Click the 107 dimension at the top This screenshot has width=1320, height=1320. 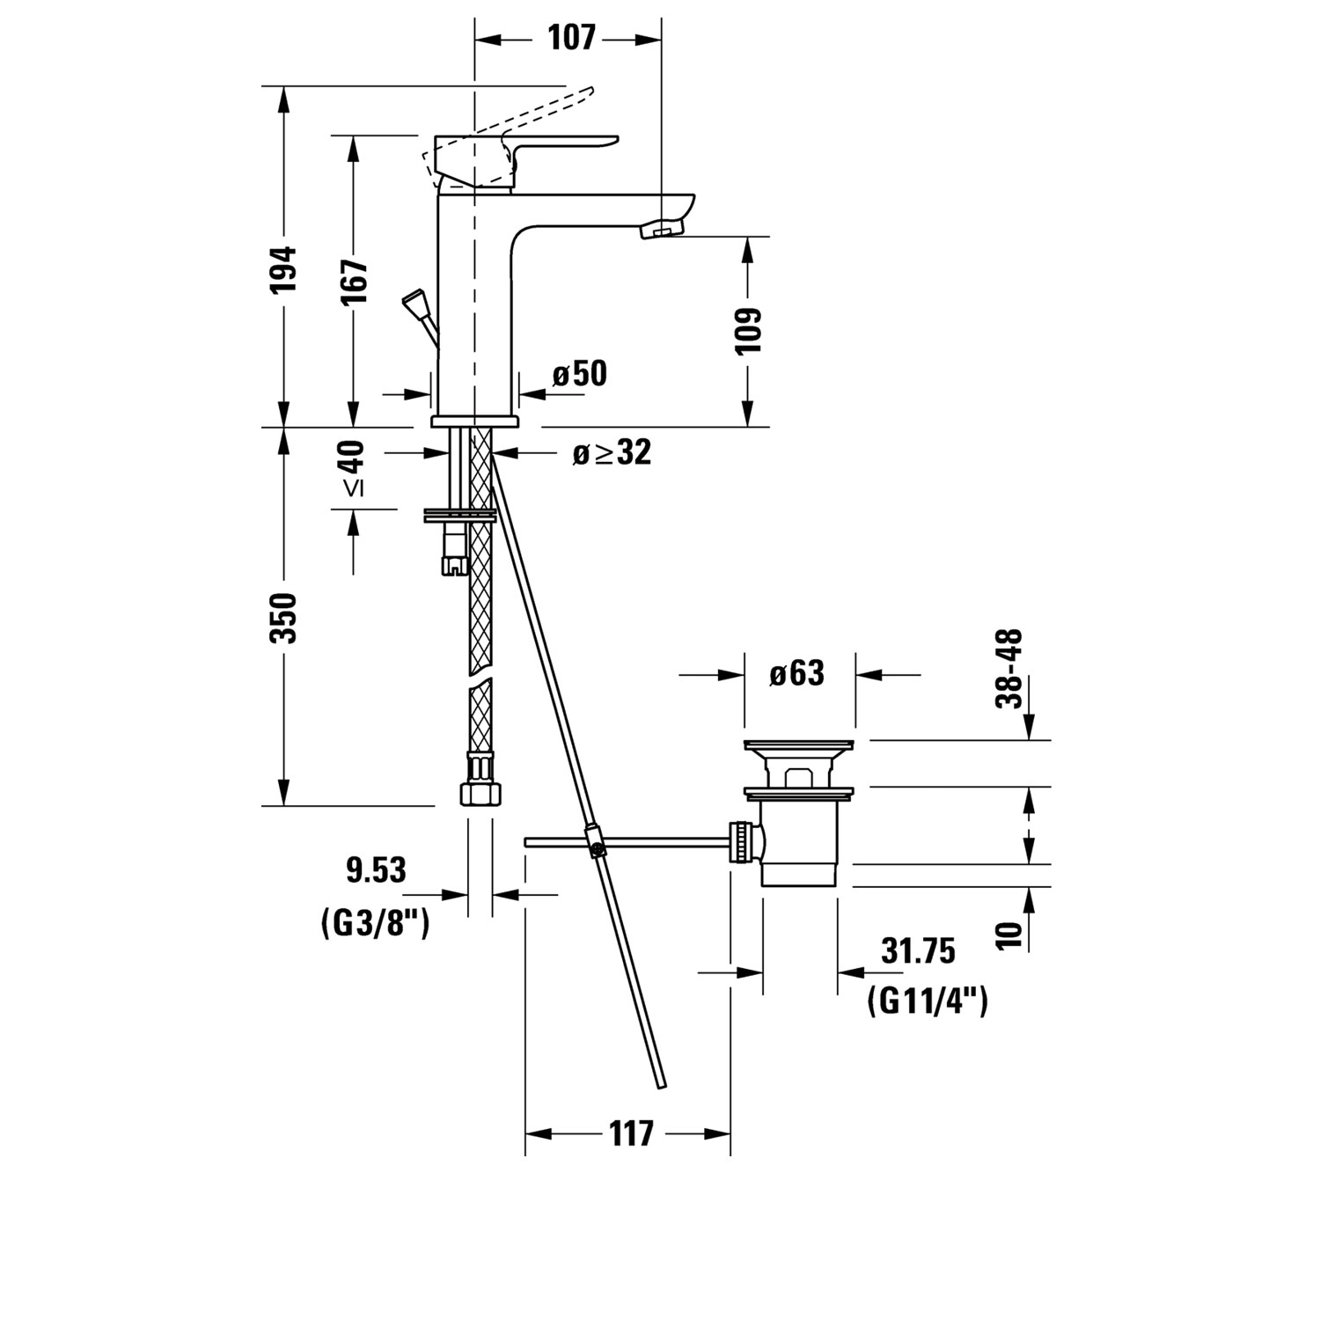tap(571, 39)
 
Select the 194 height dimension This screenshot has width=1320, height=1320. tap(284, 269)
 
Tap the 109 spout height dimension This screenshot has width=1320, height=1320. tap(748, 331)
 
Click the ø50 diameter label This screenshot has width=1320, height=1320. tap(580, 374)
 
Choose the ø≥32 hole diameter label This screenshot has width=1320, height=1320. tap(612, 453)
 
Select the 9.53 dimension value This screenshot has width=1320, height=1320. tap(376, 870)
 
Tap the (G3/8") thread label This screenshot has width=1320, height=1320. tap(375, 923)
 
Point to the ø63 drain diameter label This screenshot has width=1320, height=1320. tap(796, 674)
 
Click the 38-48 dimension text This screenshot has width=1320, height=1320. tap(1009, 668)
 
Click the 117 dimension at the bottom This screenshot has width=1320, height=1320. tap(632, 1133)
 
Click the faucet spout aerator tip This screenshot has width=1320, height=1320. tap(659, 231)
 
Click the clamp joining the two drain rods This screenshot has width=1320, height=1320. tap(596, 840)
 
